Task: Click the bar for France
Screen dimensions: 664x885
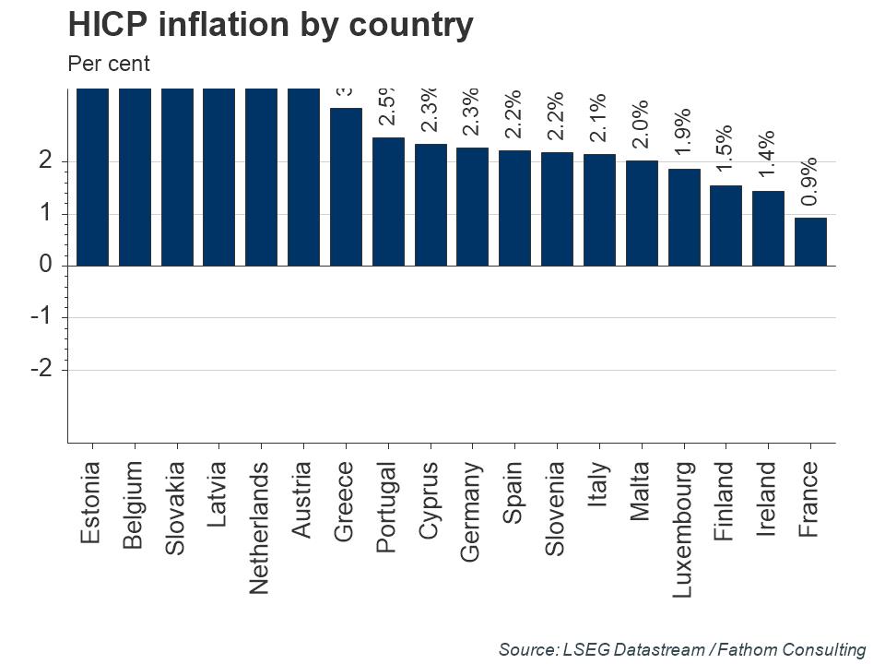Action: pos(810,242)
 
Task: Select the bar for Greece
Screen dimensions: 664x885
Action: pos(346,187)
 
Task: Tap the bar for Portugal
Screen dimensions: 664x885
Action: pos(388,202)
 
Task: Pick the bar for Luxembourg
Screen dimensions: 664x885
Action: pos(684,218)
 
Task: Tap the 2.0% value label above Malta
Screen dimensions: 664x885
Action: pos(641,124)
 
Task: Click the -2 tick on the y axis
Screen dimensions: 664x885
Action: pos(40,369)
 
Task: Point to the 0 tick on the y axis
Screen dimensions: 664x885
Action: pos(44,266)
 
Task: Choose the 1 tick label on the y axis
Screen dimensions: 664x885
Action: pos(44,214)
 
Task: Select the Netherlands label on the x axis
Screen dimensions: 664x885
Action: pos(261,528)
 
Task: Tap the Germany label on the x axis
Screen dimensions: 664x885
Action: pos(471,511)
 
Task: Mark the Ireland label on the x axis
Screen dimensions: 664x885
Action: pos(768,500)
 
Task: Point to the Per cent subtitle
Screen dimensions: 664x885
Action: pos(109,65)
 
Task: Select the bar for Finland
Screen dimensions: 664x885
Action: pos(726,226)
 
